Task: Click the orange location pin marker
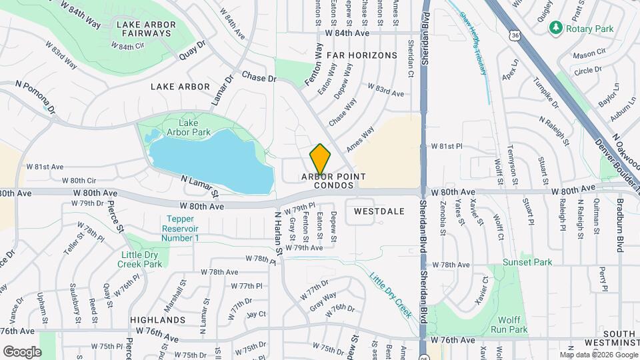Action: coord(320,159)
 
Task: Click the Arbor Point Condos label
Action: coord(333,181)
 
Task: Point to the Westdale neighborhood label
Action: coord(379,211)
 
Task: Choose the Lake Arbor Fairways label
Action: coord(146,30)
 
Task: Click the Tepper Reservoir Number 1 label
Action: coord(180,228)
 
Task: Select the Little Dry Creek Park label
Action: coord(141,259)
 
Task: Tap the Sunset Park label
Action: coord(527,262)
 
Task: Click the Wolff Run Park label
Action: coord(509,325)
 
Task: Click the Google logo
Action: coord(22,351)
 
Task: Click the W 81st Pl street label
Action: coord(446,145)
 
